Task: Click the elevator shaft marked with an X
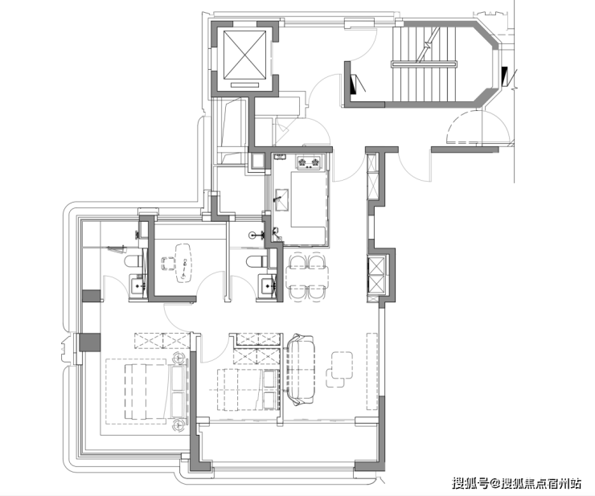244,55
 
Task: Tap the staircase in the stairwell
425,64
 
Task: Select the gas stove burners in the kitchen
309,162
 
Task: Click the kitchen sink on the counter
281,199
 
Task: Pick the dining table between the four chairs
307,277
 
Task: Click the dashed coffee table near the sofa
339,369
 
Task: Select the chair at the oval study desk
168,264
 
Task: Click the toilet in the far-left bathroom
133,262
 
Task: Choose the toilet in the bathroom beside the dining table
256,262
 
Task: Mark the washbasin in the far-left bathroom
137,285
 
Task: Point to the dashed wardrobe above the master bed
162,340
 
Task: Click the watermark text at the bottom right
517,483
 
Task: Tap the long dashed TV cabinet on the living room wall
372,371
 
